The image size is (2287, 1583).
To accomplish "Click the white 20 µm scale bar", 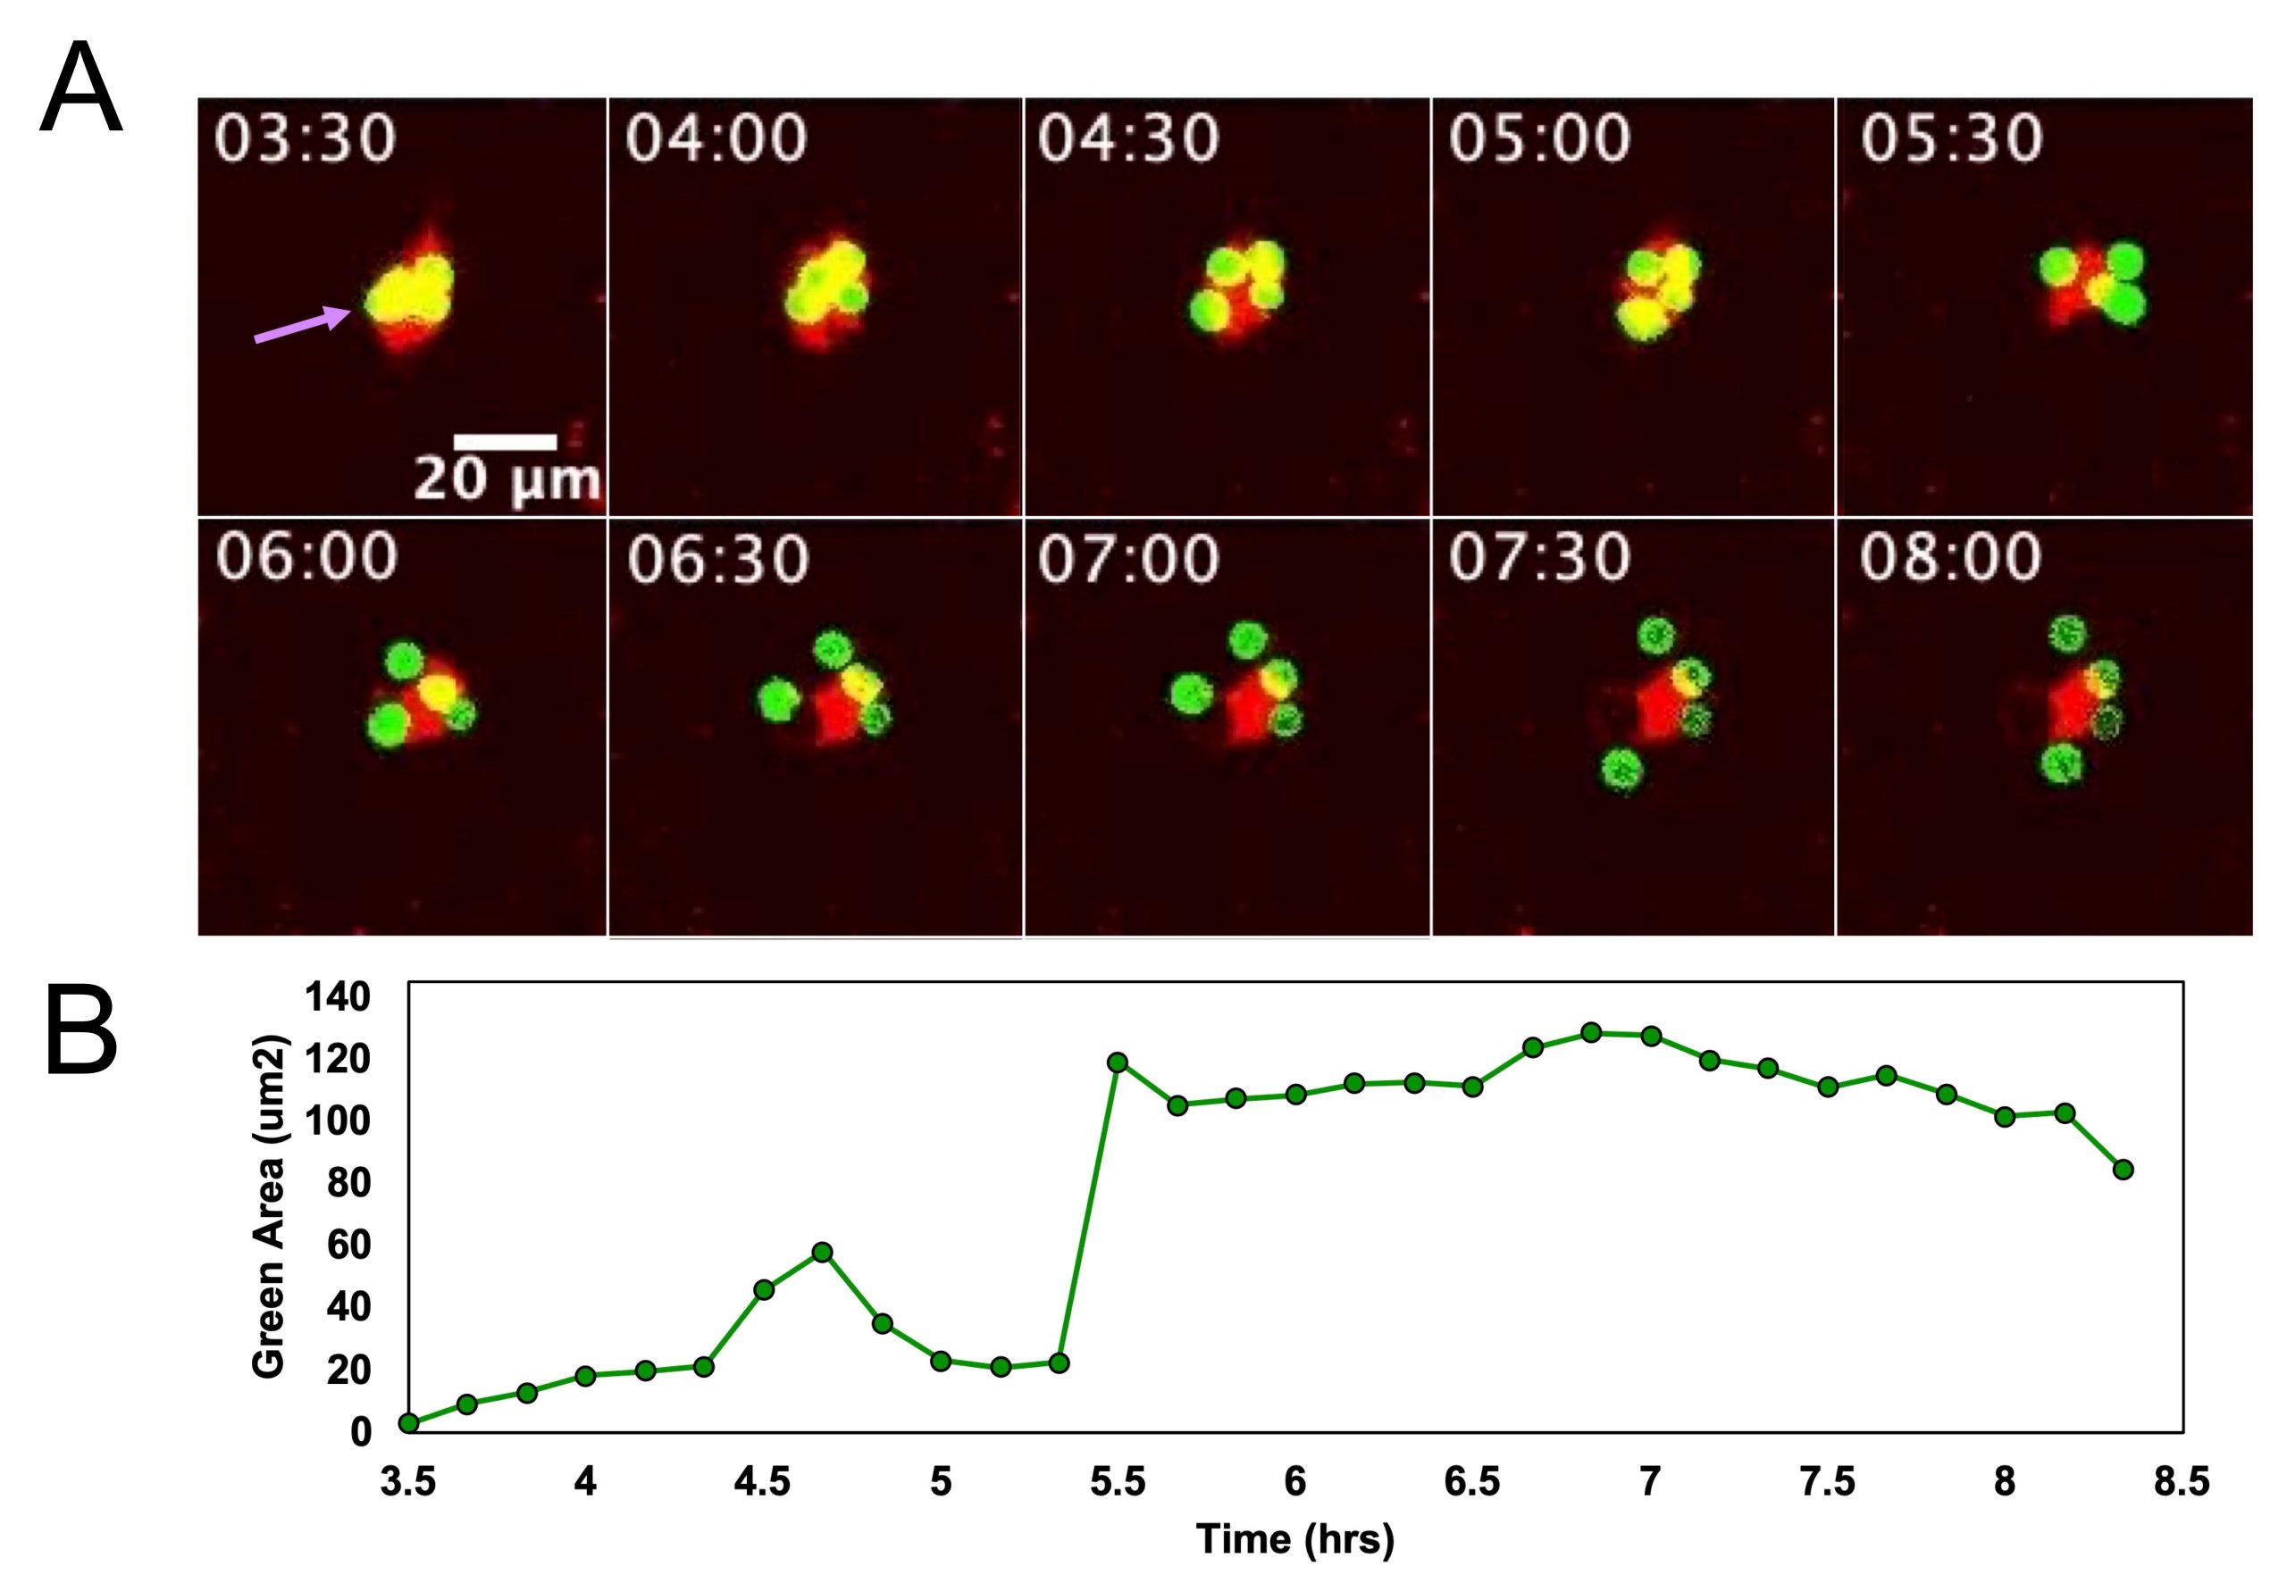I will [x=505, y=440].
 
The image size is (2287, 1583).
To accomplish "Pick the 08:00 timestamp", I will [x=1950, y=557].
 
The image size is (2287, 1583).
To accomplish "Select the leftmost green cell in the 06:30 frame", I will [x=779, y=700].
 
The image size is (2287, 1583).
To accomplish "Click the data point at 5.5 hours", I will [x=1118, y=1062].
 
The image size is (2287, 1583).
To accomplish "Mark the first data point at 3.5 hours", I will [x=407, y=1423].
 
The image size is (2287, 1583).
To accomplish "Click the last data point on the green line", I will [x=2124, y=1170].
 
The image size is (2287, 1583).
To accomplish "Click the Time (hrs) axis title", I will [x=1294, y=1538].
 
